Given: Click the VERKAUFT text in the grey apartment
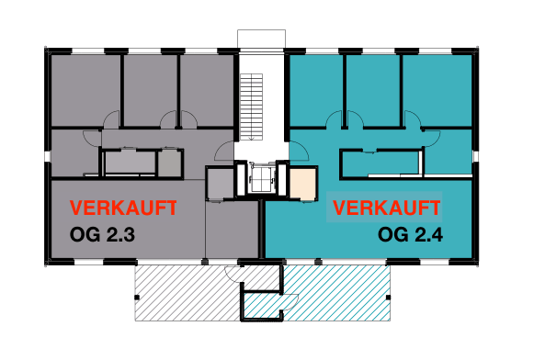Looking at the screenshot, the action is tap(123, 208).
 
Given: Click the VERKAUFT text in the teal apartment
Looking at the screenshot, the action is tap(387, 208).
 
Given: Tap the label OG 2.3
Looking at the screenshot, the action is tap(102, 234).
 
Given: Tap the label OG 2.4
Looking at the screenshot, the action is tap(410, 234).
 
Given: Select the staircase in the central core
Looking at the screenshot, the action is tap(251, 107).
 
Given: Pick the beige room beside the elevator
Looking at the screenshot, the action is tap(302, 184).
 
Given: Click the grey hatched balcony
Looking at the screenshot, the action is tap(187, 293).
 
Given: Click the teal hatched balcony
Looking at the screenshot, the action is tap(335, 293).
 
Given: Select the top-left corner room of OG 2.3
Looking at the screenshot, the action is tap(85, 90).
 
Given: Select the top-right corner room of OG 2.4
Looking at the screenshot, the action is tap(437, 90).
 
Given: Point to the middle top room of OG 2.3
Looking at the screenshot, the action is tap(150, 90).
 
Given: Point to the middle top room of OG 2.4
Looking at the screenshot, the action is tap(373, 90).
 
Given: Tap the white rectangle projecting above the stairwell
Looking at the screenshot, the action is tap(261, 39).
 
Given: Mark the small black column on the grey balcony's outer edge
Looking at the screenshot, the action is tap(137, 298).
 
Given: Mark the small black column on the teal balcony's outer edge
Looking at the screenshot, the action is tap(388, 298).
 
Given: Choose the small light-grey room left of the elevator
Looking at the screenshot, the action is tap(221, 184).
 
